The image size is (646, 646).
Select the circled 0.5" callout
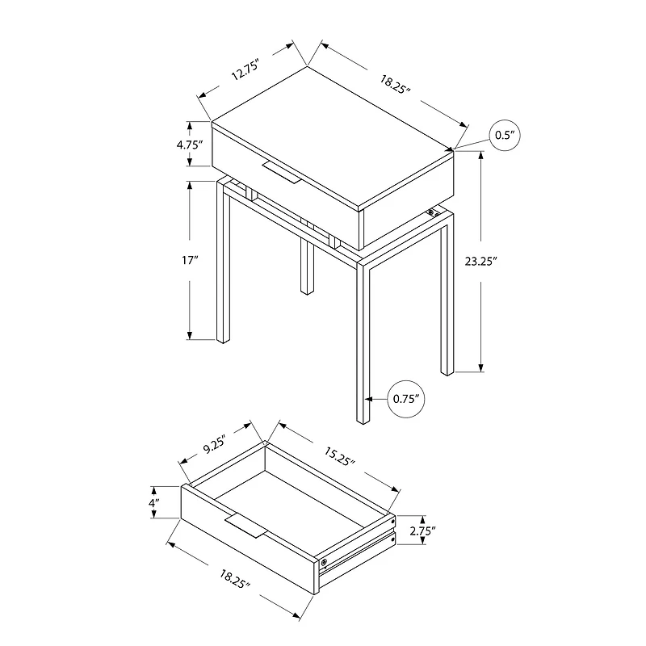(505, 136)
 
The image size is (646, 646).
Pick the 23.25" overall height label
(481, 262)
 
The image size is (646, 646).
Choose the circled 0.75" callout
(406, 398)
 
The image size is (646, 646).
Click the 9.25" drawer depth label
(215, 444)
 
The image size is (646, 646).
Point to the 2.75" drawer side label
(422, 531)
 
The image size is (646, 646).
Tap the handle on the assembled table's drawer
(279, 170)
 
